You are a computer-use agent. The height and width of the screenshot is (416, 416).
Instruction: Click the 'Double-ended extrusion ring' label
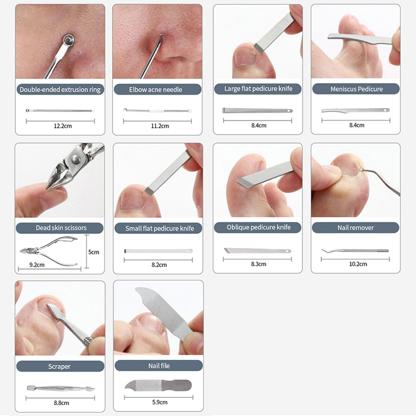coord(60,89)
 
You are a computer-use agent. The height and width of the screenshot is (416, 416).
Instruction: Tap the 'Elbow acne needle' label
coord(155,89)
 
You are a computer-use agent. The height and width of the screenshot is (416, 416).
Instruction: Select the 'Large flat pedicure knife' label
coord(258,88)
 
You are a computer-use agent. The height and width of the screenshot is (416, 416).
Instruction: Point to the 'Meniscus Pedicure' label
coord(357,89)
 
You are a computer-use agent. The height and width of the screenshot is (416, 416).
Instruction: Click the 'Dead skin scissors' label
coord(61,228)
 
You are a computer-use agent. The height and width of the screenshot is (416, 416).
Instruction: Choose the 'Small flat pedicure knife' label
coord(160,228)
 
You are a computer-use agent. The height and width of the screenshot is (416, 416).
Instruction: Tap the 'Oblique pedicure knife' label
coord(258,227)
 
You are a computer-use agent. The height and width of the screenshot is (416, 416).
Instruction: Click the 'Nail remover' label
coord(356,228)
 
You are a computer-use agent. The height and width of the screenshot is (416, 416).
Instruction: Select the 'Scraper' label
coord(59,367)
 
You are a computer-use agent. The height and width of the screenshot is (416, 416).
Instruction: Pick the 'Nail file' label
coord(159,366)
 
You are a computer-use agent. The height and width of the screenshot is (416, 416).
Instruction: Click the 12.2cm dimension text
coord(62,126)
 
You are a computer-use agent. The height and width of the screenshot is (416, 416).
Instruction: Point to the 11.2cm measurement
coord(160,126)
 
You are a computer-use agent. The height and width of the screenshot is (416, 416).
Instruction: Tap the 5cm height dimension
coord(94,252)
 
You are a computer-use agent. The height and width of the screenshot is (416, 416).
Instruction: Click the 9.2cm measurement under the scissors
coord(37,265)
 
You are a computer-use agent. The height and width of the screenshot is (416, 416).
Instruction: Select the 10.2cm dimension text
coord(358,264)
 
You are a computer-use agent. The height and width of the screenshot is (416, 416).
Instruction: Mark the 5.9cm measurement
coord(160,402)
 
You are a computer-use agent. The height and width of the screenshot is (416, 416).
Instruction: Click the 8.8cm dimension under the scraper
coord(61,402)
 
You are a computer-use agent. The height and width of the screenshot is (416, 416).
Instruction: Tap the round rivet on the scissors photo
coord(76,159)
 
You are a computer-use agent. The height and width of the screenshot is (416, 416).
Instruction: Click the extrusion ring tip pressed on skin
coord(69,40)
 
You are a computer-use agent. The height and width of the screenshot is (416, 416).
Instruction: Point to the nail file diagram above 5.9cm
coord(158,385)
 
